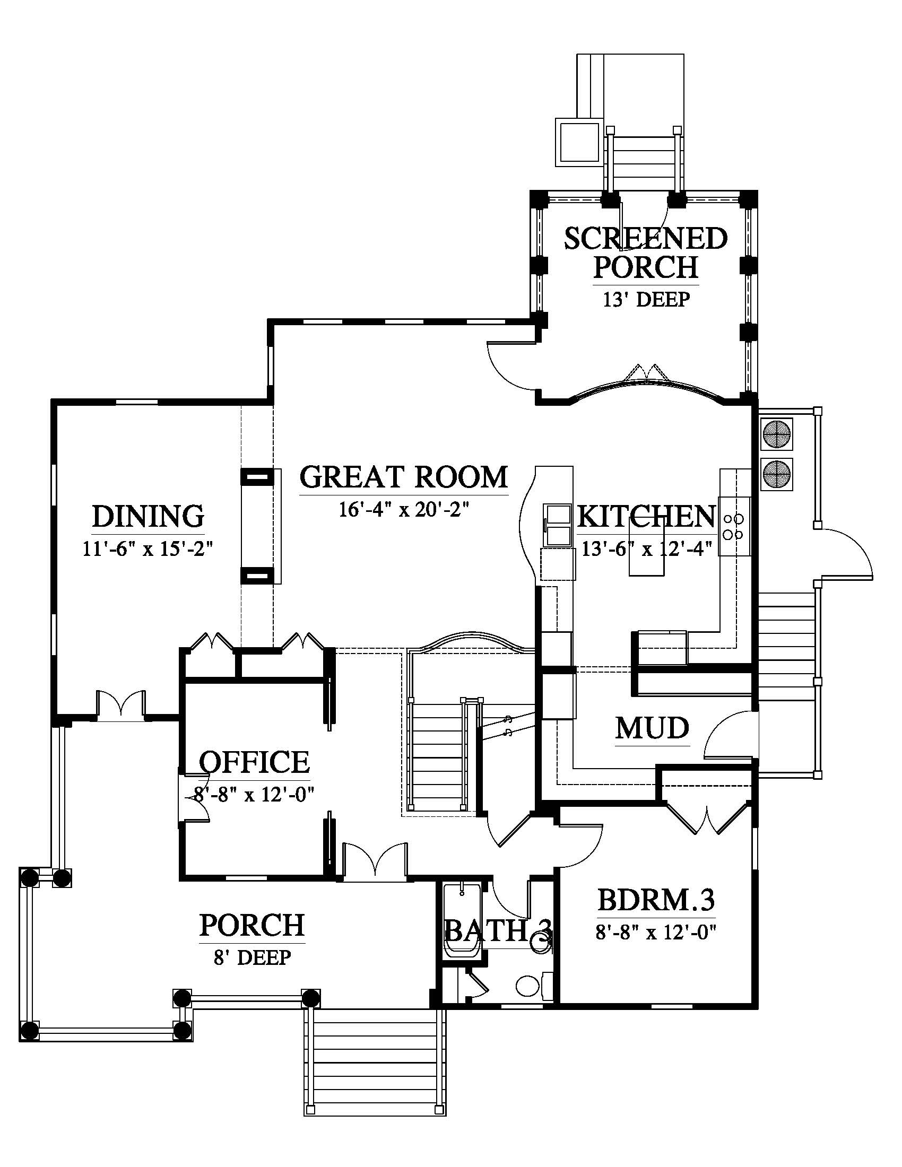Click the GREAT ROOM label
403,477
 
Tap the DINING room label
148,516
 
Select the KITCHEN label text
646,517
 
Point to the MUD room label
652,728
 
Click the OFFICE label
254,762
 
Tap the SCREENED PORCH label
646,252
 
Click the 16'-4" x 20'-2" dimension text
403,510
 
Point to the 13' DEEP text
646,299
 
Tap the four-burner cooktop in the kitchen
734,526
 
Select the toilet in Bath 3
534,986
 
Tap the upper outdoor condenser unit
776,434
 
